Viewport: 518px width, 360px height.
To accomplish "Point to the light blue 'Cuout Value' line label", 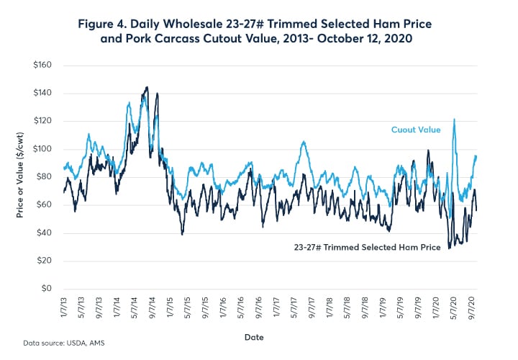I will [415, 130].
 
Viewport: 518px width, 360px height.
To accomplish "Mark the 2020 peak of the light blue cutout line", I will [454, 120].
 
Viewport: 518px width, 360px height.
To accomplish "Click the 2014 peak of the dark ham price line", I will [147, 87].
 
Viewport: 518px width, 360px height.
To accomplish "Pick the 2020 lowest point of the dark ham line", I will [449, 248].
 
